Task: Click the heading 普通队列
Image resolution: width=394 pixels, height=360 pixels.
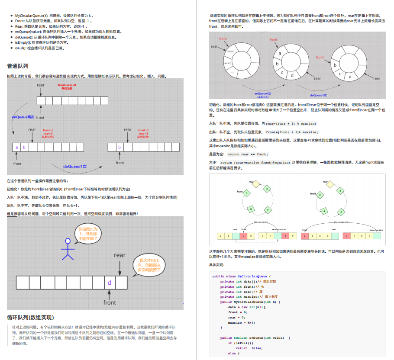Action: pyautogui.click(x=18, y=66)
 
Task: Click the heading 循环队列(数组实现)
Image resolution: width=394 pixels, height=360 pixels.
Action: pyautogui.click(x=30, y=317)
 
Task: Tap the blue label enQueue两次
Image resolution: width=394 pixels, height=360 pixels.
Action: pyautogui.click(x=23, y=117)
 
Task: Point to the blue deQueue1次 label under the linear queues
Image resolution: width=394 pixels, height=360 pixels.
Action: pyautogui.click(x=75, y=166)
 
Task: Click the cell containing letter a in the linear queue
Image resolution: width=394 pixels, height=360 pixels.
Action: pyautogui.click(x=17, y=147)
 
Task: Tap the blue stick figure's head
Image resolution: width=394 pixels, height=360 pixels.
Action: pyautogui.click(x=67, y=241)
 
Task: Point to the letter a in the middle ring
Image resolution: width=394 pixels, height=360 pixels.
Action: pyautogui.click(x=280, y=54)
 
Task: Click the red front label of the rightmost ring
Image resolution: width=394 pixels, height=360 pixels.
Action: pyautogui.click(x=320, y=57)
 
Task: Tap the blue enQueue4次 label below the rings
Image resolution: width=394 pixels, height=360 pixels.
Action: pyautogui.click(x=263, y=95)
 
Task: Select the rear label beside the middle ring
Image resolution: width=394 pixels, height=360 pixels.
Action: pyautogui.click(x=317, y=78)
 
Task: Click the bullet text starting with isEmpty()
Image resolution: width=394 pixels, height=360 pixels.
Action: pyautogui.click(x=42, y=42)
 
